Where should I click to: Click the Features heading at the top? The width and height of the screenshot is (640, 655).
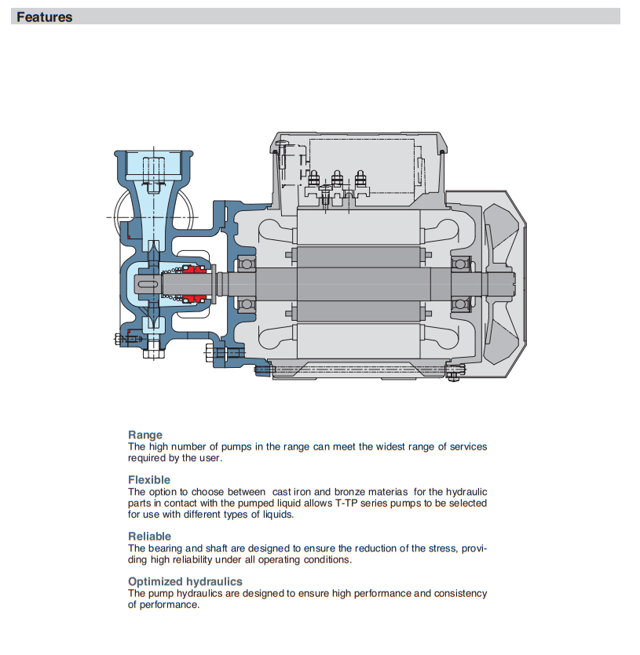click(44, 17)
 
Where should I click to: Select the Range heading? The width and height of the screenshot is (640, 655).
click(145, 435)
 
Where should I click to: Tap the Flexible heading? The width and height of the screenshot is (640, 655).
click(149, 479)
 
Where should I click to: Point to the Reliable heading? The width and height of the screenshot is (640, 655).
click(149, 537)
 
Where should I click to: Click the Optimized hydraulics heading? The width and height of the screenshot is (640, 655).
click(185, 581)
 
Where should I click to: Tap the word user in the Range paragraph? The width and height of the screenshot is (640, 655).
click(209, 458)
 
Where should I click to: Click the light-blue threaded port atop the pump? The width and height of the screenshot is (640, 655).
click(154, 166)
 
